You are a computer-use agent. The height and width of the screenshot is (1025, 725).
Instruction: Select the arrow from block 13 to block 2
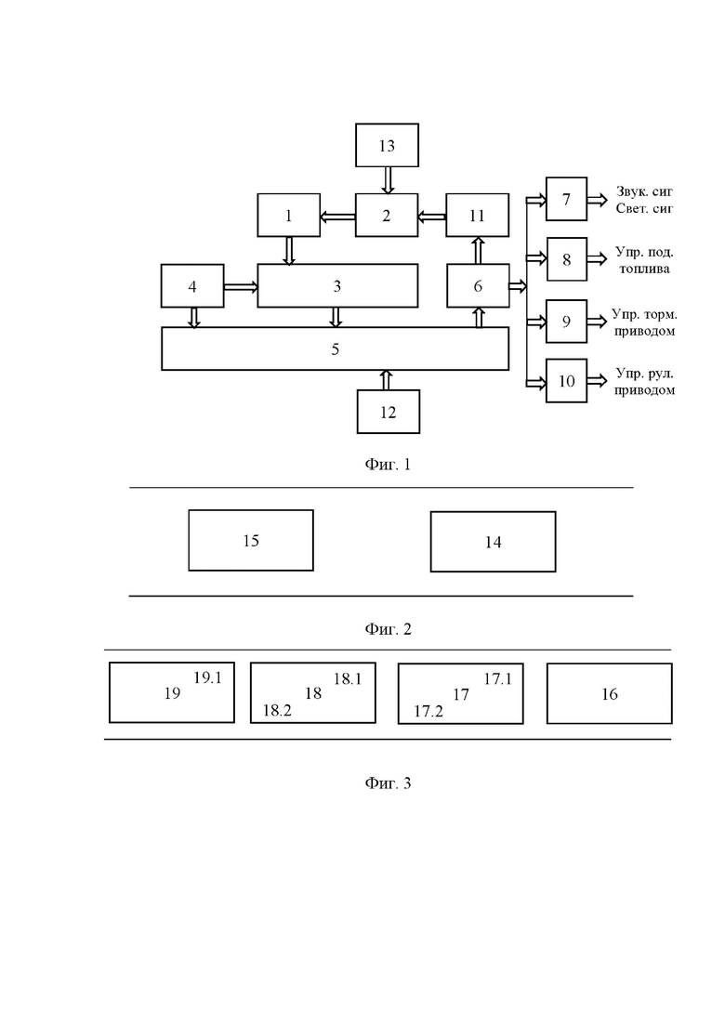pyautogui.click(x=388, y=180)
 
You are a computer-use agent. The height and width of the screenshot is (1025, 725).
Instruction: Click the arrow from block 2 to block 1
pyautogui.click(x=337, y=216)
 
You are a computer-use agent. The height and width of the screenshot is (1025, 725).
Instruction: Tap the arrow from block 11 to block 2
pyautogui.click(x=431, y=216)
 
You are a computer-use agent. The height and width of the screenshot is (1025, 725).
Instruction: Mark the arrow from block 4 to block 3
pyautogui.click(x=241, y=286)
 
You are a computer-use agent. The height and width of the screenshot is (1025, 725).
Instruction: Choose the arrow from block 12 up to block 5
pyautogui.click(x=386, y=380)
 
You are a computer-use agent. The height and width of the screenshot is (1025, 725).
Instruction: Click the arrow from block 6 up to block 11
pyautogui.click(x=478, y=250)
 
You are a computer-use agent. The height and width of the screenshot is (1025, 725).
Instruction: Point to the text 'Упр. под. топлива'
pyautogui.click(x=644, y=260)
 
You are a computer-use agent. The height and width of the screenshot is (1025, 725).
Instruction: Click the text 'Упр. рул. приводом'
pyautogui.click(x=644, y=382)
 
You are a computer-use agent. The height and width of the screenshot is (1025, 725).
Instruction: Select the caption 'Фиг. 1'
pyautogui.click(x=388, y=464)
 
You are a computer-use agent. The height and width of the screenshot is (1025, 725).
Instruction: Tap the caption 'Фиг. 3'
pyautogui.click(x=388, y=782)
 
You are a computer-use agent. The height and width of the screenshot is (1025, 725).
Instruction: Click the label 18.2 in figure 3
pyautogui.click(x=277, y=711)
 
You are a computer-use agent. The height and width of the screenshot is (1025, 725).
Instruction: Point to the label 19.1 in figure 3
pyautogui.click(x=208, y=677)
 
